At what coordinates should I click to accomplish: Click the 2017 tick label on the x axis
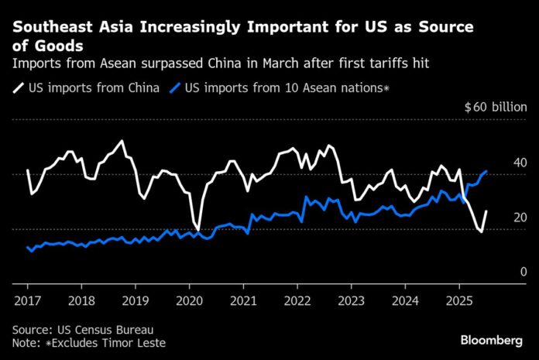pos(27,298)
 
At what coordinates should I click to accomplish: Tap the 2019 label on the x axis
pos(135,298)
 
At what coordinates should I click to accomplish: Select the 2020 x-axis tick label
pos(189,298)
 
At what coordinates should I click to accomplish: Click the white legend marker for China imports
pos(18,88)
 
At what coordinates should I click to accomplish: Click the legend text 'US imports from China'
pos(94,88)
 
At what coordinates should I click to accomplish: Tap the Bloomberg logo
pos(492,341)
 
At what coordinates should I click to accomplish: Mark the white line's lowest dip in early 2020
pos(198,230)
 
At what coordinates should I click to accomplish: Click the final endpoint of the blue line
pos(486,171)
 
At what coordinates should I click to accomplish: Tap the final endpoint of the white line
pos(486,211)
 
